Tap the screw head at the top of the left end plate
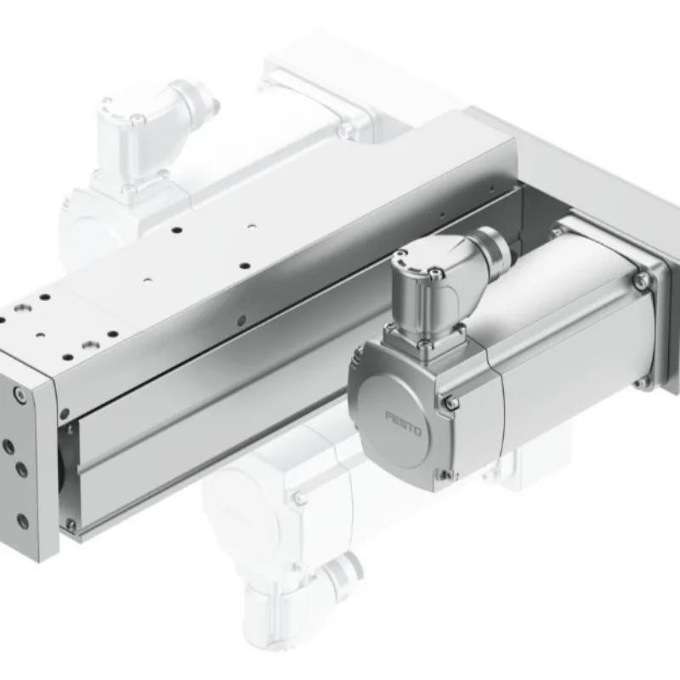(x=19, y=394)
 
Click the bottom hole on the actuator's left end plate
(x=23, y=520)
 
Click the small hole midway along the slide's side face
(x=242, y=319)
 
